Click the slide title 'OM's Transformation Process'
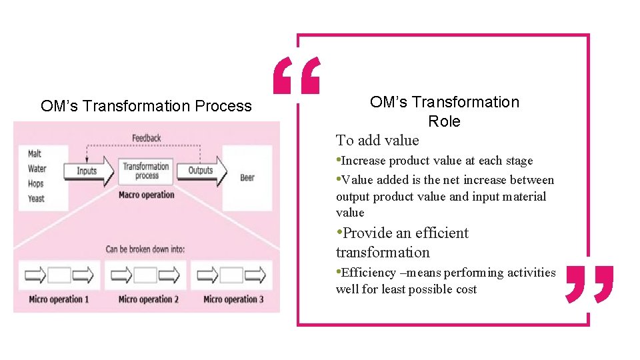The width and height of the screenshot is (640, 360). point(146,106)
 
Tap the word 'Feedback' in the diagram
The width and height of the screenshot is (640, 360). point(146,138)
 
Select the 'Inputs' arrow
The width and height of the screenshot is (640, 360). point(87,171)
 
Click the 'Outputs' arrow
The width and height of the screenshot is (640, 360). point(200,171)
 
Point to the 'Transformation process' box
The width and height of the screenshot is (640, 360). point(146,171)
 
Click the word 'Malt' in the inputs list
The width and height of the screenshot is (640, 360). point(35,154)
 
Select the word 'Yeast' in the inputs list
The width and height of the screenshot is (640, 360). point(36,198)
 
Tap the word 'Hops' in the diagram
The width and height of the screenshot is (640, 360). point(36,183)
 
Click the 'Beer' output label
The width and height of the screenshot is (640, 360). point(247,177)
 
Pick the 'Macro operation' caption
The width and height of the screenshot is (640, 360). point(146,195)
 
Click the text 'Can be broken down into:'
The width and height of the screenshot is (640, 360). point(145,249)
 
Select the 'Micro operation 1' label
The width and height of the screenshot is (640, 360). point(59,299)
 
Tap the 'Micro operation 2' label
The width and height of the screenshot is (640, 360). point(148,299)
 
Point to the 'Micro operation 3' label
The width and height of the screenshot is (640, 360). point(233,299)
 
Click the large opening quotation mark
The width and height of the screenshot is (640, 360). point(297,75)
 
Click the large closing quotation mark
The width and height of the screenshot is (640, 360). point(589,283)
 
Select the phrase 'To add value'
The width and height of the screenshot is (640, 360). point(377,140)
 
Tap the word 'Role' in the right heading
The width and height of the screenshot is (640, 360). point(444,121)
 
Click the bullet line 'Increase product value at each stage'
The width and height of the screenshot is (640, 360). point(437,161)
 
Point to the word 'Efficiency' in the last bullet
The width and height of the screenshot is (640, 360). point(369,273)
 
